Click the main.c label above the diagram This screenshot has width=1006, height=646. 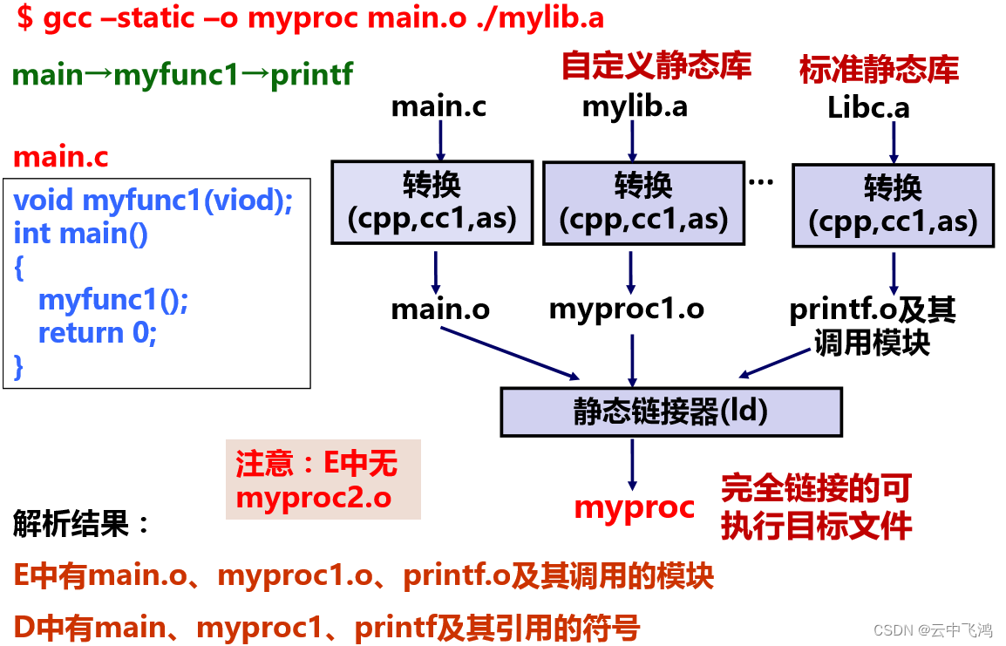pos(438,106)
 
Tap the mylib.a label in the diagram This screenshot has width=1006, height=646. pos(635,106)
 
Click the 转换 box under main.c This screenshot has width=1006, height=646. pos(432,201)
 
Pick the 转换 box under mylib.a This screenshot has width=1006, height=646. pos(643,202)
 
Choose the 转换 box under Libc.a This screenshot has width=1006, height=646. pos(893,204)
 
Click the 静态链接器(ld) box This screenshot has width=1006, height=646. pos(670,411)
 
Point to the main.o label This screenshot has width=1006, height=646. pos(440,309)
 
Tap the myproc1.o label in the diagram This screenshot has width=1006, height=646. pos(626,309)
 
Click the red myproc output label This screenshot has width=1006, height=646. pos(635,507)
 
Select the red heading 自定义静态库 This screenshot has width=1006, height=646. pos(656,65)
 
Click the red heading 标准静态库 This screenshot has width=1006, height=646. pos(879,69)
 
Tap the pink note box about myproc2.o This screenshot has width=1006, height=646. pos(323,479)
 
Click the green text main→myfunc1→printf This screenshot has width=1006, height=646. pos(183,75)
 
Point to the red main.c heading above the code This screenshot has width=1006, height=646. pos(61,158)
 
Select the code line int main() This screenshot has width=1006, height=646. pos(81,234)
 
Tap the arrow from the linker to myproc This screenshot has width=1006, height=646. pos(631,463)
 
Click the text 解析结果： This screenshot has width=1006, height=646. pos(83,525)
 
